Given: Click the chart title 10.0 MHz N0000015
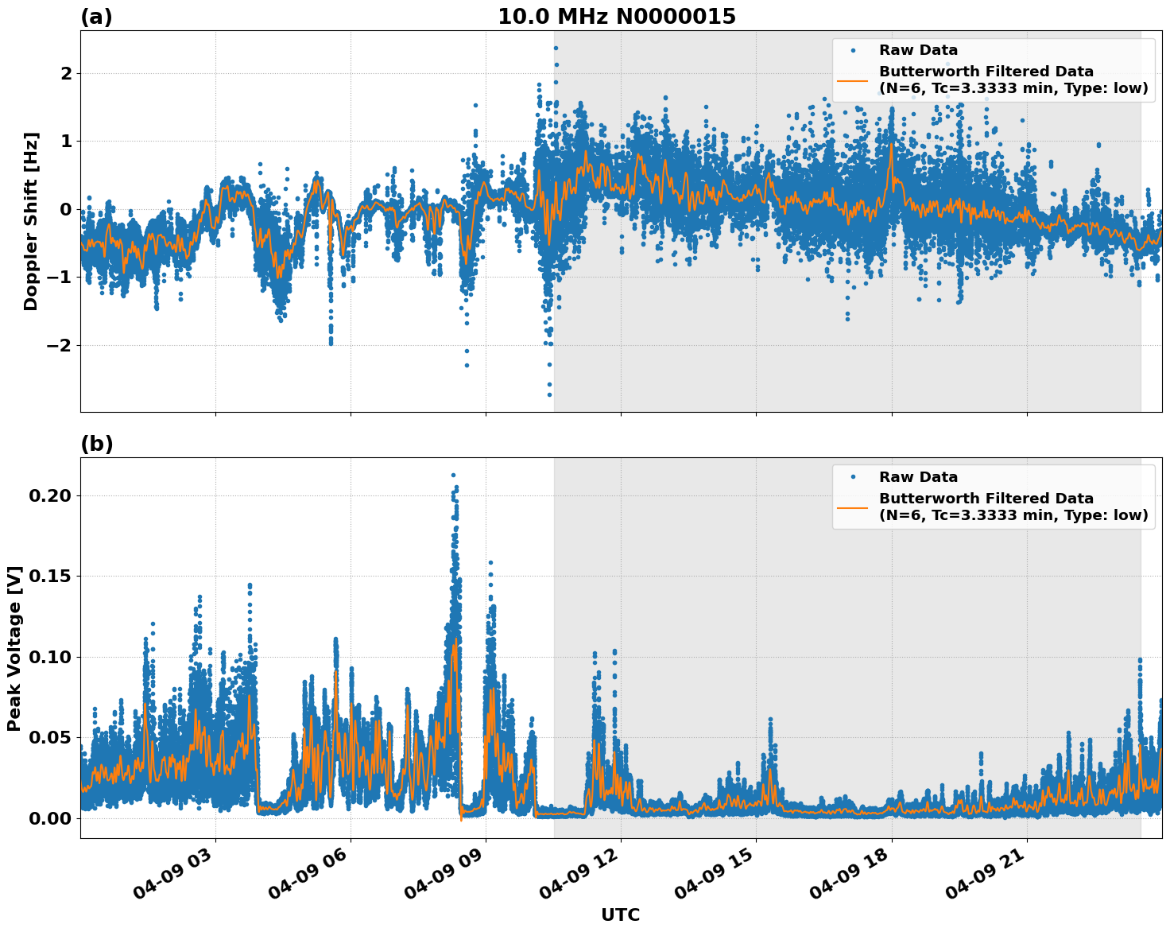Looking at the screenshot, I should pyautogui.click(x=617, y=17).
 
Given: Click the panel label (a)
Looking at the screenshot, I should pyautogui.click(x=97, y=17).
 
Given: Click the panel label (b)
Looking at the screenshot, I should pyautogui.click(x=97, y=445).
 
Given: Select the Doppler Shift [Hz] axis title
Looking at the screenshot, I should pyautogui.click(x=31, y=221).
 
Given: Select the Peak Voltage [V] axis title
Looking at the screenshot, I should pyautogui.click(x=14, y=648).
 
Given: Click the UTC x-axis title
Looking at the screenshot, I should pyautogui.click(x=620, y=915).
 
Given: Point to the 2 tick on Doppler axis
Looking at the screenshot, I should pyautogui.click(x=66, y=74).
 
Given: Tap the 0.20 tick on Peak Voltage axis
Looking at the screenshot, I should pyautogui.click(x=52, y=496).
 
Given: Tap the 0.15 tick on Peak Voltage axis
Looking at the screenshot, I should pyautogui.click(x=52, y=577).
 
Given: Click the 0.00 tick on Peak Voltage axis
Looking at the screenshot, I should pyautogui.click(x=52, y=818).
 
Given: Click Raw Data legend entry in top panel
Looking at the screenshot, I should pyautogui.click(x=918, y=51).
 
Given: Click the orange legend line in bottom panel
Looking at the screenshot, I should pyautogui.click(x=853, y=507).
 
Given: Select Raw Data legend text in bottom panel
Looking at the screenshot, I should pyautogui.click(x=918, y=478).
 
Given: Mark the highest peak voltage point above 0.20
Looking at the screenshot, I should pyautogui.click(x=453, y=476).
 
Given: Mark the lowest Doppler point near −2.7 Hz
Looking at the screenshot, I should pyautogui.click(x=549, y=394).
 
